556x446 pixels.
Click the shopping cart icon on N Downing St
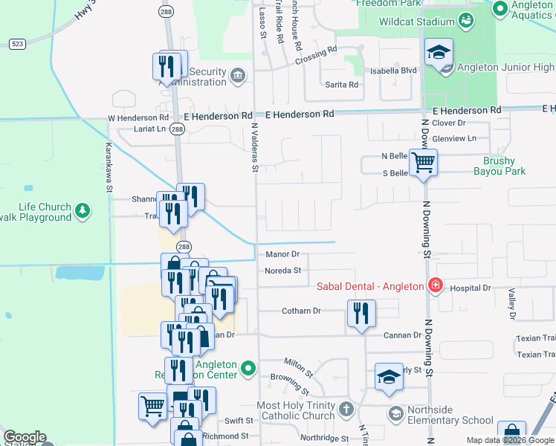click(x=423, y=161)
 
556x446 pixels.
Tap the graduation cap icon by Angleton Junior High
click(x=439, y=52)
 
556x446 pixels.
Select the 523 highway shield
click(x=17, y=45)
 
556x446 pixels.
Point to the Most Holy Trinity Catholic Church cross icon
click(x=346, y=410)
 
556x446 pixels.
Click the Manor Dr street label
click(x=282, y=254)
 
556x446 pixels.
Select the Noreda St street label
click(x=282, y=271)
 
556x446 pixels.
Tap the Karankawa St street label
click(x=109, y=167)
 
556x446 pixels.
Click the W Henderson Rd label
click(x=138, y=117)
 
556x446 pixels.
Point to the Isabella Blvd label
click(x=398, y=71)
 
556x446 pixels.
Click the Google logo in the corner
click(x=25, y=437)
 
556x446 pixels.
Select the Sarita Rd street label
click(x=342, y=85)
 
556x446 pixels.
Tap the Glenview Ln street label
click(x=454, y=138)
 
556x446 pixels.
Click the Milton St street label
click(x=297, y=365)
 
